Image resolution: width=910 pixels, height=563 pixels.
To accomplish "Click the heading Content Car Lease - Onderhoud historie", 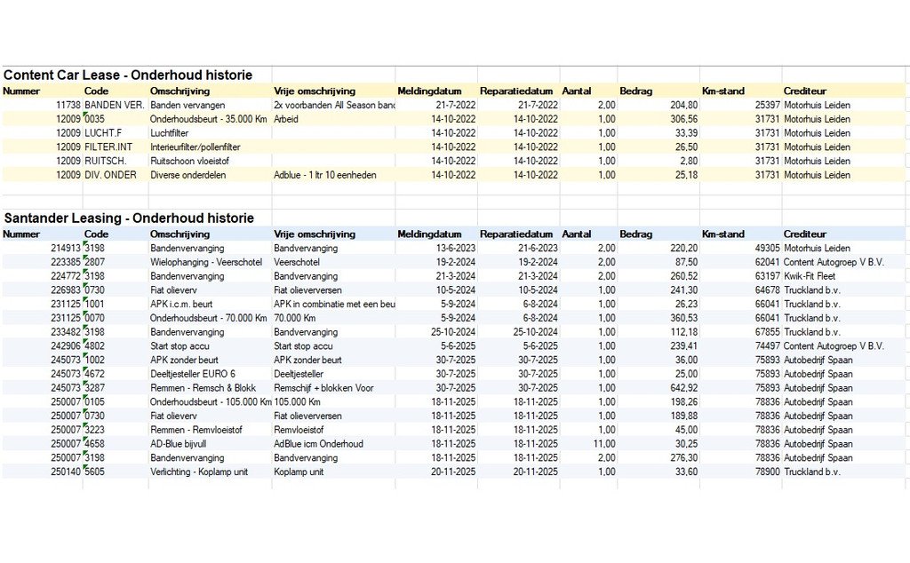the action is [x=128, y=75].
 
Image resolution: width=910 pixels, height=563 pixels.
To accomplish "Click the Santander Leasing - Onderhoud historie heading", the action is [x=129, y=218].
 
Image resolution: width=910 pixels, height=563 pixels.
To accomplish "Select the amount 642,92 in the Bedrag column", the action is [x=683, y=388].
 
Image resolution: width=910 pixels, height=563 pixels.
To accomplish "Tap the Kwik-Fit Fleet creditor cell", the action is [x=810, y=276].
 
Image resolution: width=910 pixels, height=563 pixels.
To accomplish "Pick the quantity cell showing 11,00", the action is [x=603, y=443].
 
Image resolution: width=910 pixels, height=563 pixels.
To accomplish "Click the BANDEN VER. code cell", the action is [x=115, y=105].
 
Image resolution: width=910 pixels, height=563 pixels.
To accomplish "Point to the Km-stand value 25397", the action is [x=767, y=105].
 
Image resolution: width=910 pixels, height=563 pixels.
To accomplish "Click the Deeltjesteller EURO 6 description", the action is [x=193, y=374].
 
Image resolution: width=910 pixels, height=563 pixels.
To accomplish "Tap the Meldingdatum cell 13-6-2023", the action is [x=456, y=248].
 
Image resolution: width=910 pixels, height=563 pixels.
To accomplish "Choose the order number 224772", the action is [x=65, y=276].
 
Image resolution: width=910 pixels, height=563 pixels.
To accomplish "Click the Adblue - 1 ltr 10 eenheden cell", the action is [x=325, y=175].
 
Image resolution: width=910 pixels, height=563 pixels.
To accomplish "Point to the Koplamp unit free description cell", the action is [x=299, y=472].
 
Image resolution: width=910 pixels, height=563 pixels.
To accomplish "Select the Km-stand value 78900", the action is [x=767, y=472].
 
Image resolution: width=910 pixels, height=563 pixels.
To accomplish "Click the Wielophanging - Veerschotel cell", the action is [x=206, y=262].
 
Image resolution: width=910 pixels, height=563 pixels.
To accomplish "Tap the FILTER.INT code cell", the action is [x=108, y=147].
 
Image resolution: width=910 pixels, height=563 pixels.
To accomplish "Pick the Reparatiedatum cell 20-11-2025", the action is [x=535, y=472].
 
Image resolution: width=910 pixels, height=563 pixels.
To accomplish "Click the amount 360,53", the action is [x=683, y=318].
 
